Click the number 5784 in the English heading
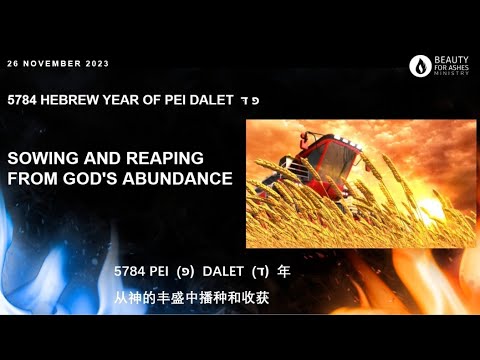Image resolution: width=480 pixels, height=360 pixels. [x=22, y=100]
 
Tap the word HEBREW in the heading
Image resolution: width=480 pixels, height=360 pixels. [x=72, y=100]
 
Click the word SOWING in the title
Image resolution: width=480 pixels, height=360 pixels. [x=39, y=159]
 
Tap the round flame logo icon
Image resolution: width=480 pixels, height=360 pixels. [x=420, y=66]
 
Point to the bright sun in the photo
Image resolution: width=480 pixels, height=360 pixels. [x=429, y=211]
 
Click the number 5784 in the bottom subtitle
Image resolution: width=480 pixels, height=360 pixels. [x=130, y=271]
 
